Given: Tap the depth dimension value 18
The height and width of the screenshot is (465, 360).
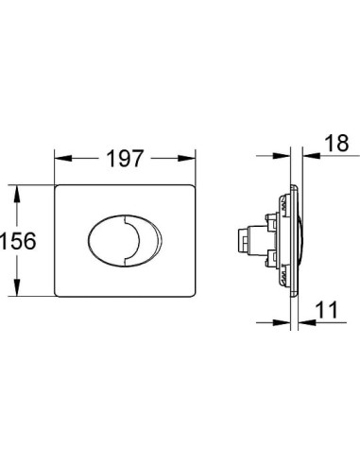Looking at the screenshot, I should pyautogui.click(x=336, y=144).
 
